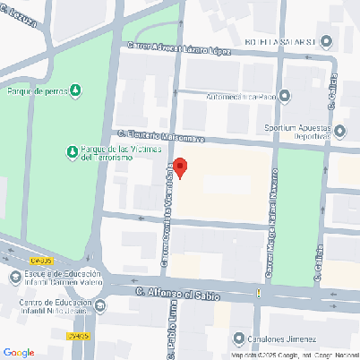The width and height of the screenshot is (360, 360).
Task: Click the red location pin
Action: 180,167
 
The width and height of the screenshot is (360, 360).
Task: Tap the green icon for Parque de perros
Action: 76,90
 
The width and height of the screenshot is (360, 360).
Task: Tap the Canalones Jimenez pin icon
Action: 239,339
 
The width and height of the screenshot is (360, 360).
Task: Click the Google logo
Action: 19,352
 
